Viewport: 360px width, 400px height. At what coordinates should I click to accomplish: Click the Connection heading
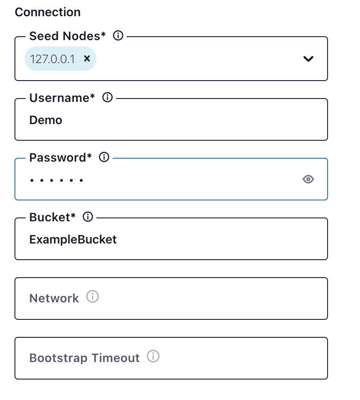[47, 12]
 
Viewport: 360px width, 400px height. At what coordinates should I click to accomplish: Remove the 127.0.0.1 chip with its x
[87, 58]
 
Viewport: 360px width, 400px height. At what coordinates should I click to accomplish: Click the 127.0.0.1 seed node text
[52, 59]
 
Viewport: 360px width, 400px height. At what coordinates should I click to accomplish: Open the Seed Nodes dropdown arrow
[308, 59]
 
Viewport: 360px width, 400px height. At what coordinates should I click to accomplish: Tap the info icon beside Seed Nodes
[118, 36]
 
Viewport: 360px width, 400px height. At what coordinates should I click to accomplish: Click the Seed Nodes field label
[67, 37]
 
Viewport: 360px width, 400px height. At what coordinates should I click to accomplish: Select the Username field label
[62, 98]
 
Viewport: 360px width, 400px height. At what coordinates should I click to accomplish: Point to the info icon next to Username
[107, 98]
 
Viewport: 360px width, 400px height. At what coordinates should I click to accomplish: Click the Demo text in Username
[46, 120]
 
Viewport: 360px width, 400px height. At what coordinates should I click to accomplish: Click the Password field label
[60, 158]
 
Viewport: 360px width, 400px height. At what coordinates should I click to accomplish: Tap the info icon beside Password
[104, 157]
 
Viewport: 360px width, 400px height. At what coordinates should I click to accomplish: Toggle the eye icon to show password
[308, 180]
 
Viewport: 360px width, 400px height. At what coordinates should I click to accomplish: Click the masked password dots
[56, 180]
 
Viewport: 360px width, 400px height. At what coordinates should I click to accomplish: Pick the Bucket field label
[52, 217]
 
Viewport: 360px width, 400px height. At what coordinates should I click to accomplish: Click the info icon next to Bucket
[88, 217]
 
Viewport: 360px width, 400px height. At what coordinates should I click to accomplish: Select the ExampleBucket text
[73, 240]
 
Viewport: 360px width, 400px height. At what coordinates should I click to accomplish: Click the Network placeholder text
[54, 298]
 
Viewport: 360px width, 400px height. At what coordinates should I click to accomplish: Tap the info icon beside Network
[93, 296]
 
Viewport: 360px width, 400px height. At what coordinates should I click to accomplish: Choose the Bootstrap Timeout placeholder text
[84, 358]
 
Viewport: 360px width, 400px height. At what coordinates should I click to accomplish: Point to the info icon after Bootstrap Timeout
[153, 356]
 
